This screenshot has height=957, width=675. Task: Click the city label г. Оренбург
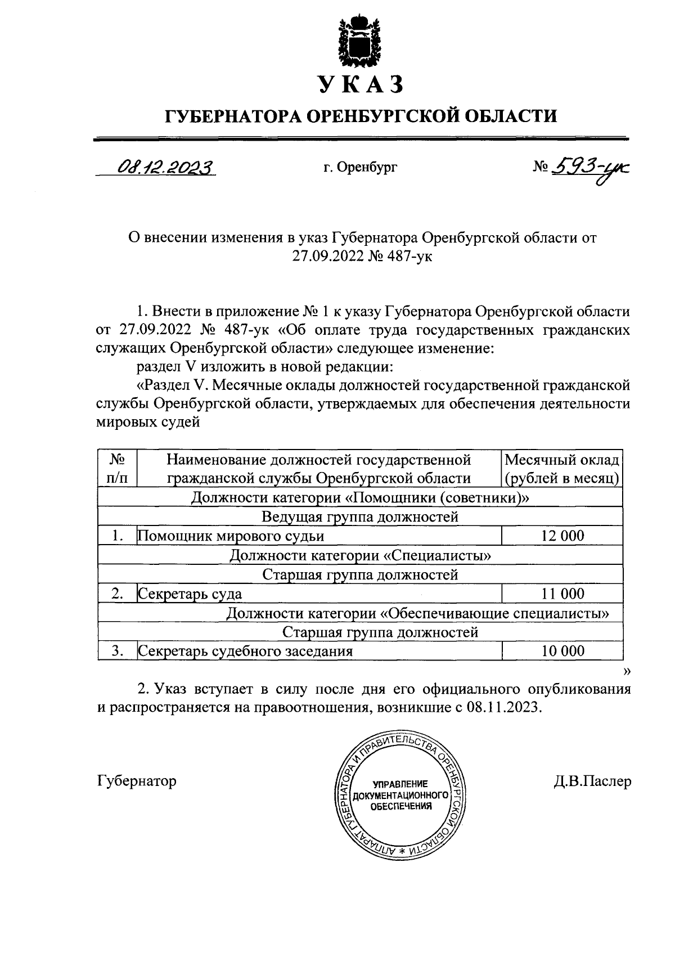(360, 167)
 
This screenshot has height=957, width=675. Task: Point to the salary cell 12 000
(562, 536)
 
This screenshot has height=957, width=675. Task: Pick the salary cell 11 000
(562, 594)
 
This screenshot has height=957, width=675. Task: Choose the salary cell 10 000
(562, 651)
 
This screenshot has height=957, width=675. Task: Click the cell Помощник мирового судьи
(231, 536)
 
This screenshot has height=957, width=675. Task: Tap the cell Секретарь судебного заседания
(246, 651)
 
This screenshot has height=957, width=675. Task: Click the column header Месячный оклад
(562, 461)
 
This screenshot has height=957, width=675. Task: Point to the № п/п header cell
(117, 469)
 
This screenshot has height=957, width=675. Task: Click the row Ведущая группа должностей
(360, 516)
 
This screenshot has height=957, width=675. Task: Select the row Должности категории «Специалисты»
(360, 555)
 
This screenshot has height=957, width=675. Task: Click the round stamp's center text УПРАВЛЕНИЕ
(400, 784)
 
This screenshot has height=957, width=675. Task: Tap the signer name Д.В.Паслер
(592, 781)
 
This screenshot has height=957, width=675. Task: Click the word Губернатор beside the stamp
(137, 781)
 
